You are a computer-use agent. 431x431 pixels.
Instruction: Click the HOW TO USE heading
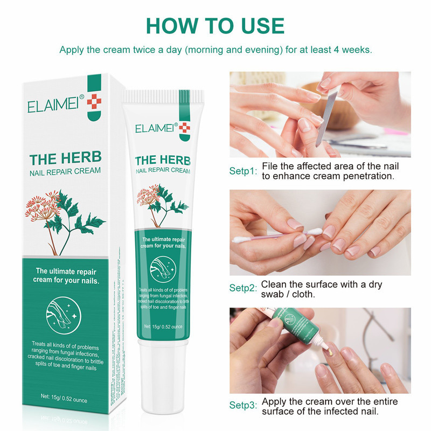pyautogui.click(x=215, y=26)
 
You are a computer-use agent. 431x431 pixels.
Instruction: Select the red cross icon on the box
pyautogui.click(x=93, y=100)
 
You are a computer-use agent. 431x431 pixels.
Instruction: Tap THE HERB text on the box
pyautogui.click(x=65, y=159)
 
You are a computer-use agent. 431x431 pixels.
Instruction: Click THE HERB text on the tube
pyautogui.click(x=161, y=161)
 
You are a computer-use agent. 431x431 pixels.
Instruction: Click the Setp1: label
pyautogui.click(x=244, y=171)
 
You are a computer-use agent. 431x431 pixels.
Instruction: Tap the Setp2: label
pyautogui.click(x=244, y=288)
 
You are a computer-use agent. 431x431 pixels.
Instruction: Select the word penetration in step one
pyautogui.click(x=366, y=176)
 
